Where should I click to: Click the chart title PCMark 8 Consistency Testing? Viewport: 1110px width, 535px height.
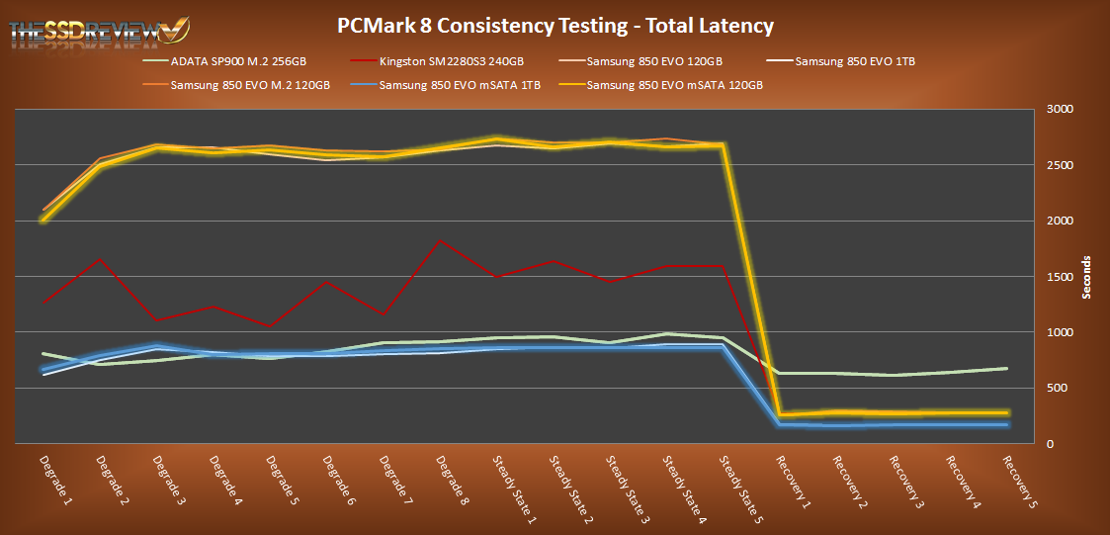coord(555,27)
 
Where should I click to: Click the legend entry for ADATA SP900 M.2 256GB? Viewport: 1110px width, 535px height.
coord(237,61)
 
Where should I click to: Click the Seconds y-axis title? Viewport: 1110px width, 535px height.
coord(1086,277)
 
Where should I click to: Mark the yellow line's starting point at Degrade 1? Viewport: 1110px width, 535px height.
coord(43,220)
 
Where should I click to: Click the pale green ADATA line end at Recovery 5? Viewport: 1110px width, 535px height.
coord(1005,369)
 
